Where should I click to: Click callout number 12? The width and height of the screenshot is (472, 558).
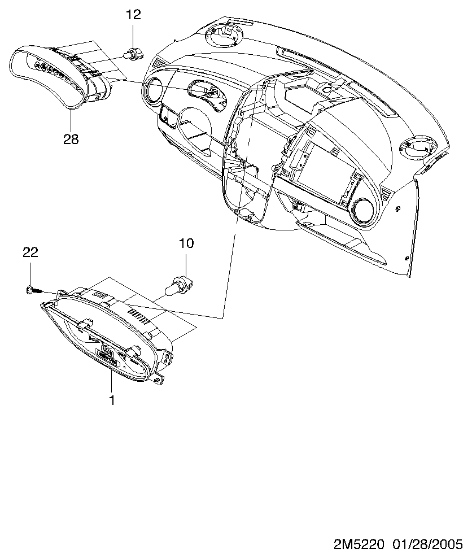tap(133, 15)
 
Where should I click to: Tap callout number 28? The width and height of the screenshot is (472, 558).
tap(71, 139)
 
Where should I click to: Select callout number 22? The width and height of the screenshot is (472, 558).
tap(30, 252)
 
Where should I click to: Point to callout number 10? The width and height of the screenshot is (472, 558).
tap(186, 243)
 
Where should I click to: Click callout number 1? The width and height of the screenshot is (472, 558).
tap(112, 400)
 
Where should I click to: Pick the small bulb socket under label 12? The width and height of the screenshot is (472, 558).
tap(133, 55)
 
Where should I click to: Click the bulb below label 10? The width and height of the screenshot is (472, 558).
tap(180, 285)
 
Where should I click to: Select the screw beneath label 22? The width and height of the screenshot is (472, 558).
tap(34, 290)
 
